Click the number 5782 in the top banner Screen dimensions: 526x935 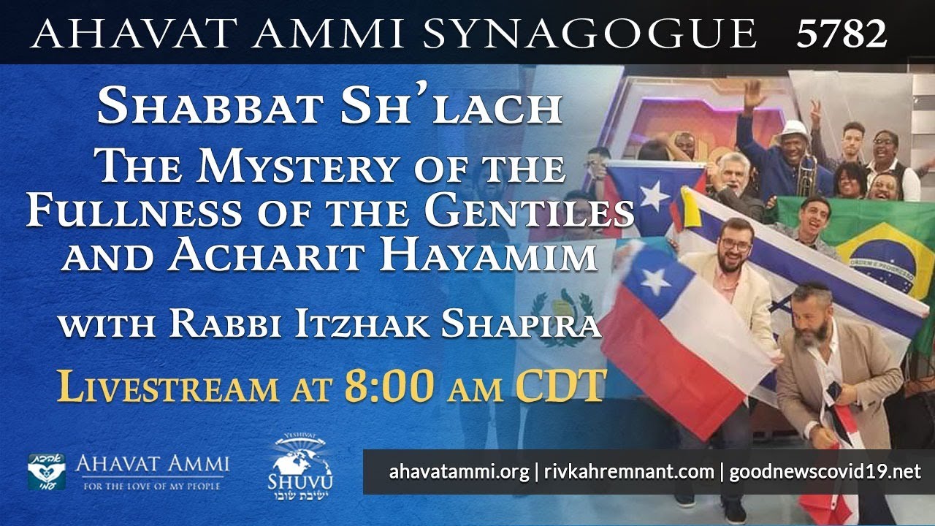(x=841, y=33)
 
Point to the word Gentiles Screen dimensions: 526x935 (x=531, y=212)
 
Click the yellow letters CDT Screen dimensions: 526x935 (x=560, y=385)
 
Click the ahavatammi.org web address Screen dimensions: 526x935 (x=459, y=472)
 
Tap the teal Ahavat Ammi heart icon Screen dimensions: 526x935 (x=47, y=471)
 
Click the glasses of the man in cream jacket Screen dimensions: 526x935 (x=734, y=244)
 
